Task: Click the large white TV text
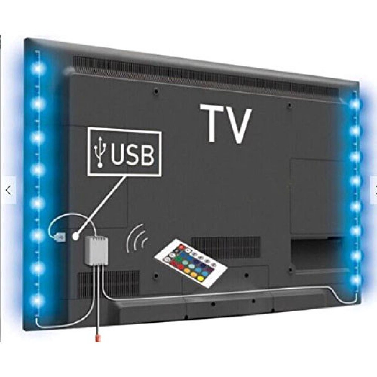pos(226,124)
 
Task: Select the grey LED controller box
pos(96,250)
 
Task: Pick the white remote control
pos(191,264)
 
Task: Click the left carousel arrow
pos(8,190)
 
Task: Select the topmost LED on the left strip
pos(38,68)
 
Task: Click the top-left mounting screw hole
pos(156,91)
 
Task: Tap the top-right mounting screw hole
pos(290,105)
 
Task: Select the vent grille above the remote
pos(226,247)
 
